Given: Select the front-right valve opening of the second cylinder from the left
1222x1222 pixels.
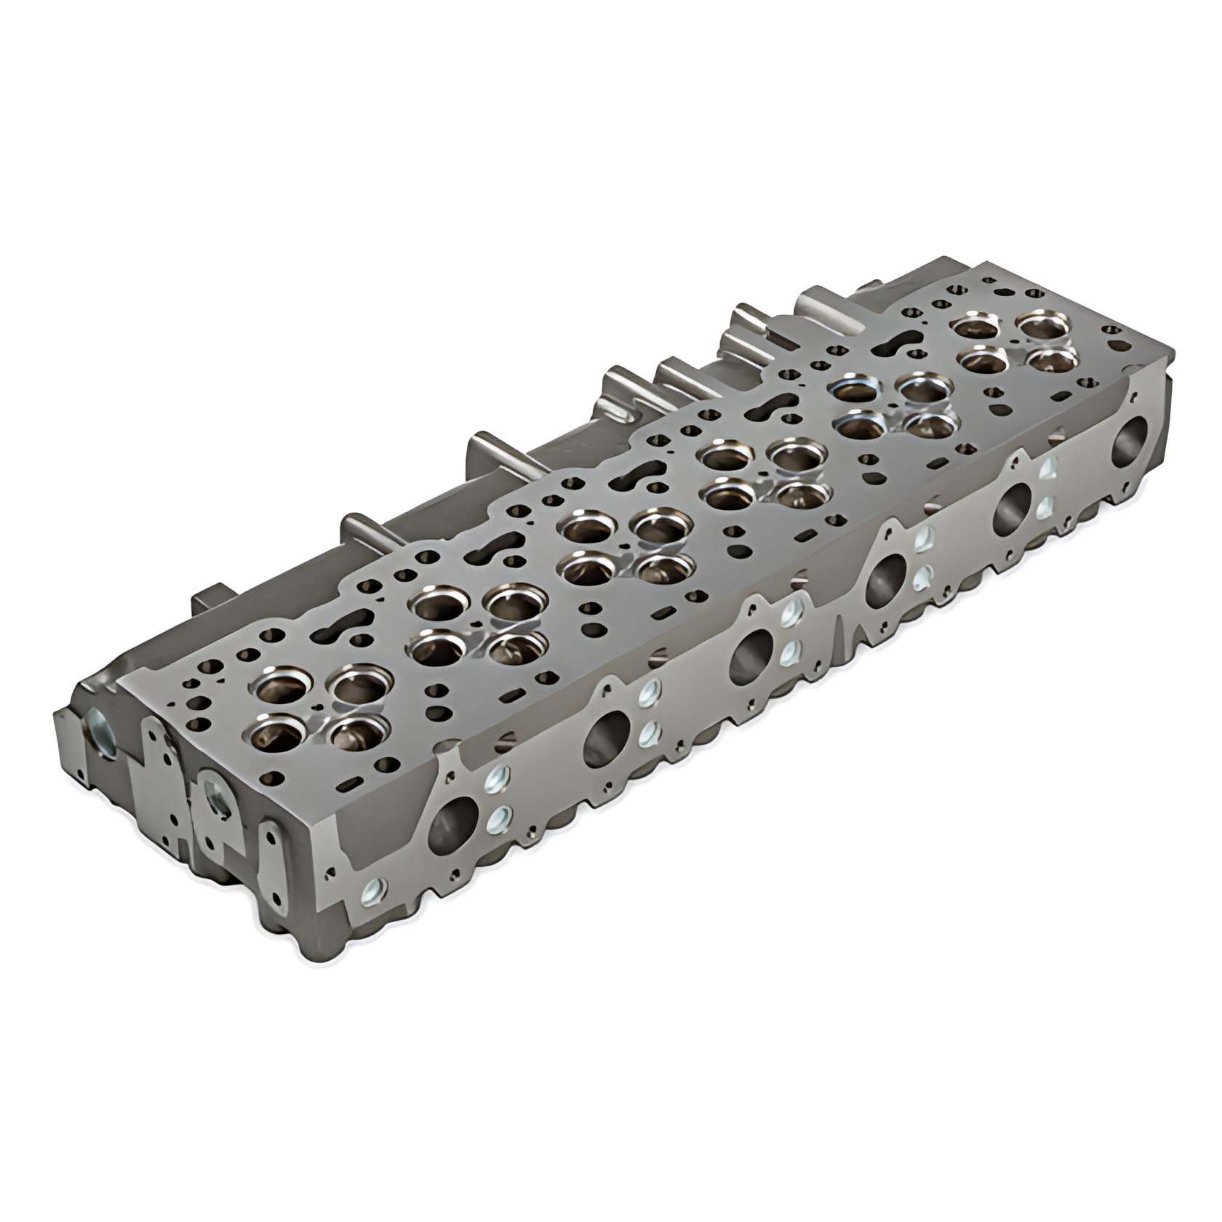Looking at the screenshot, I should click(x=516, y=645).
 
